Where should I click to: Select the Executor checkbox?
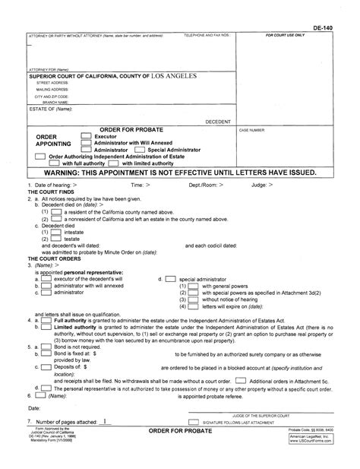[86, 136]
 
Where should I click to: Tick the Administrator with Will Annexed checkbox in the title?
[86, 143]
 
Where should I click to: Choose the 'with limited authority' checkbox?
[113, 163]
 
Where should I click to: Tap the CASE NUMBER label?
[254, 130]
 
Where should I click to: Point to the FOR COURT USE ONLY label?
[286, 35]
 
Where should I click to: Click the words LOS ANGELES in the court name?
[173, 76]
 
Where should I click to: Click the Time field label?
[139, 185]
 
